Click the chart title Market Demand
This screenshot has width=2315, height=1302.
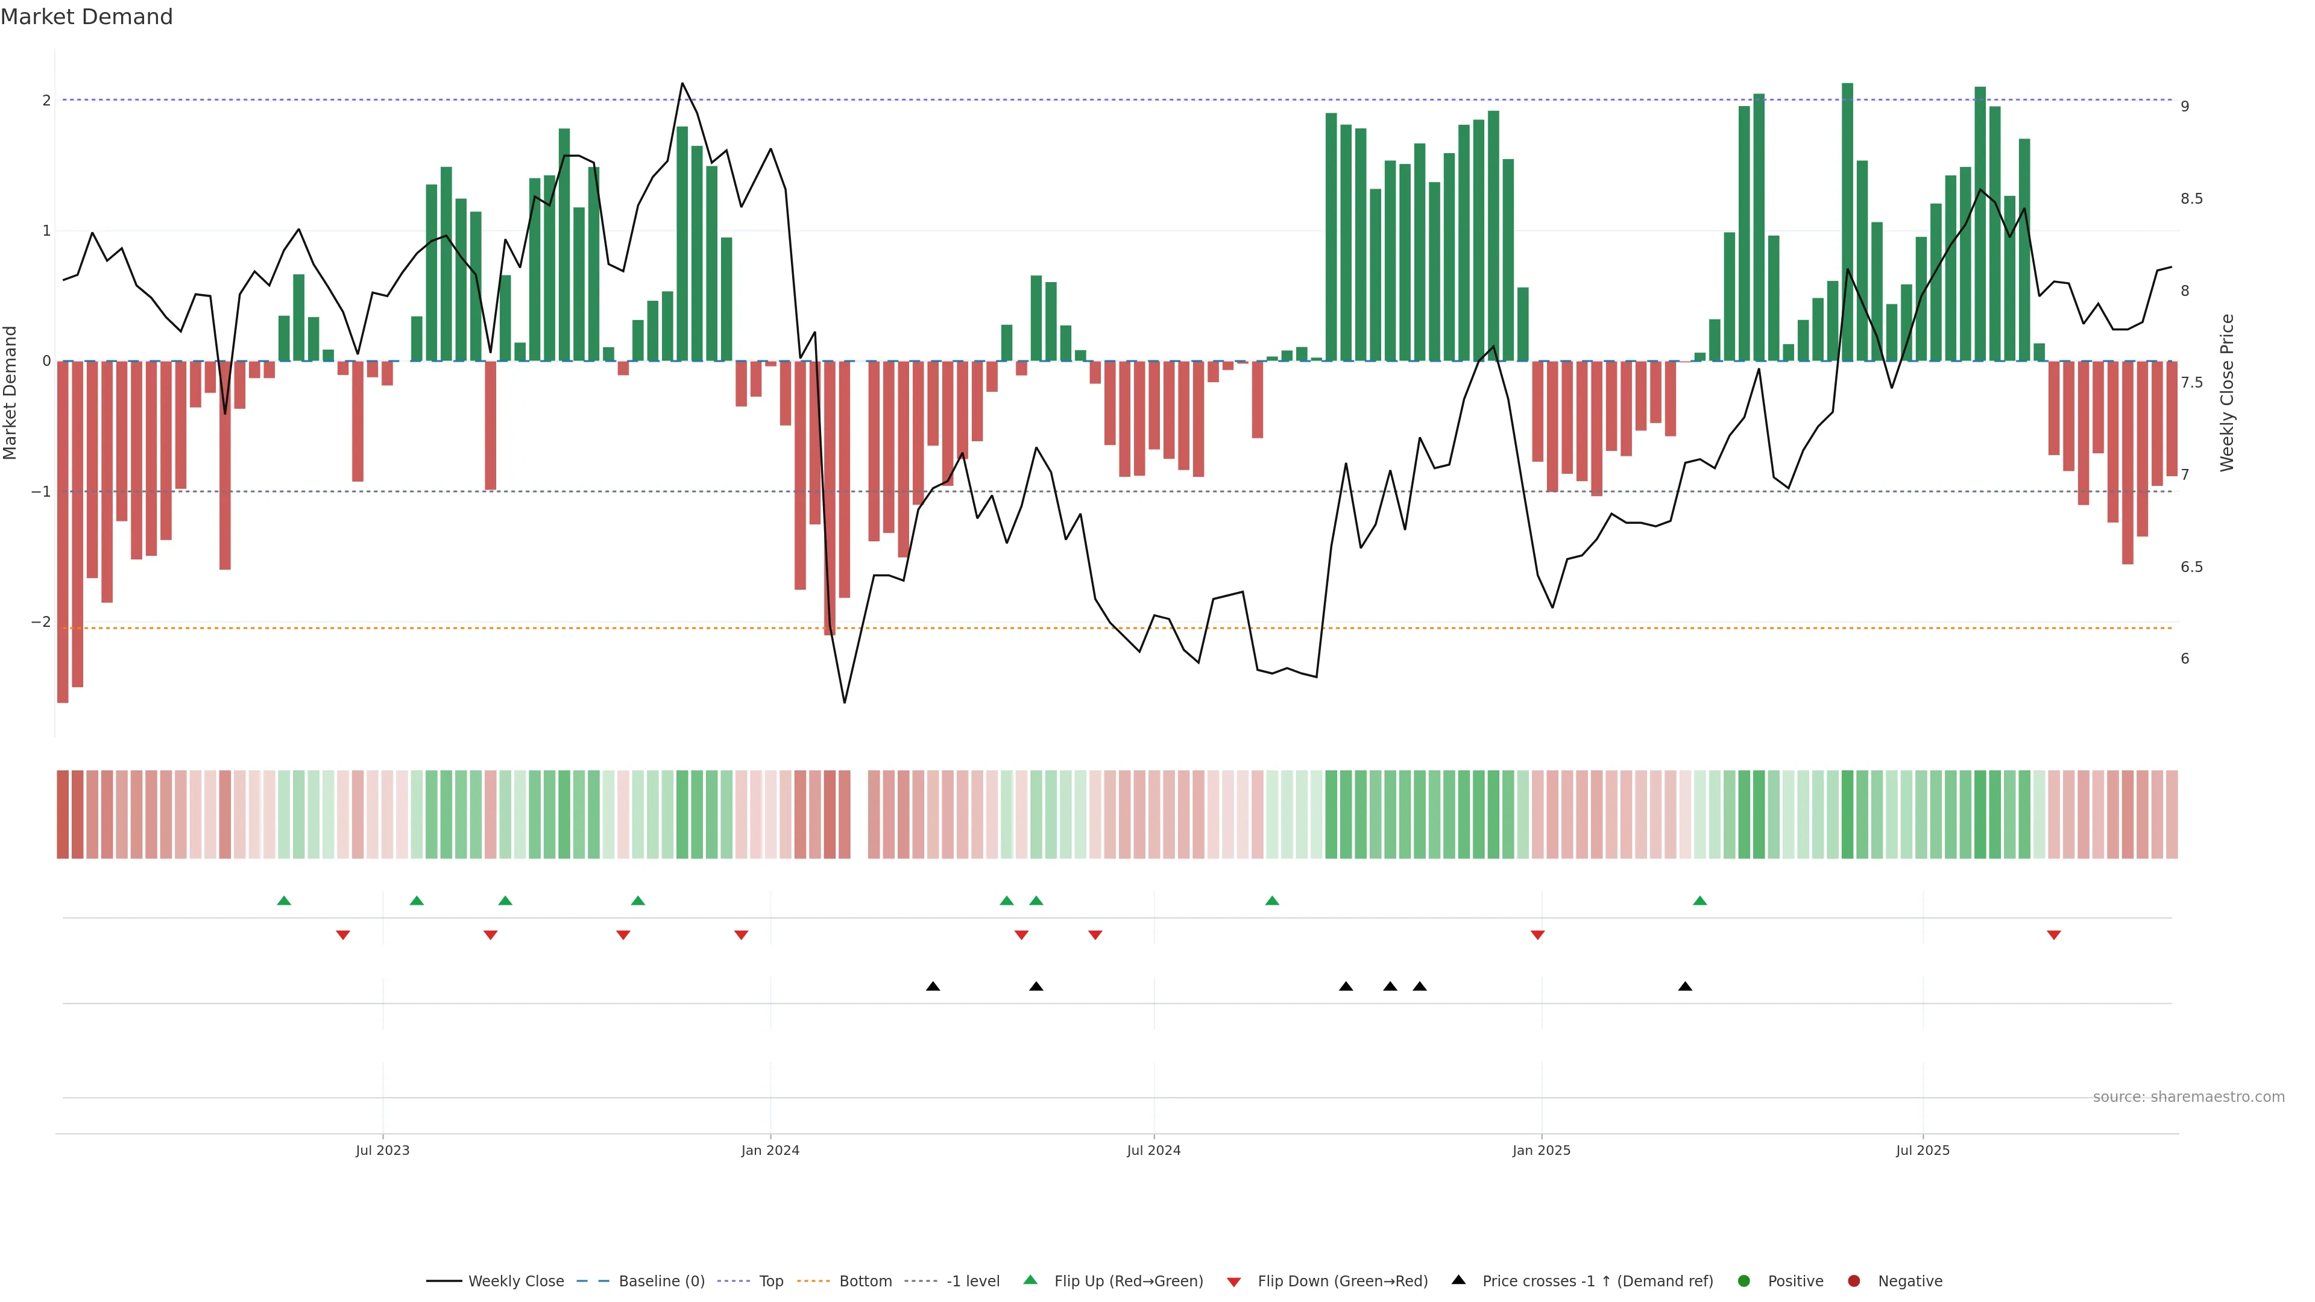[86, 17]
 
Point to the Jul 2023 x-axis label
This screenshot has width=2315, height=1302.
[382, 1150]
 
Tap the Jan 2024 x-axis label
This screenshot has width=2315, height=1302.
[770, 1150]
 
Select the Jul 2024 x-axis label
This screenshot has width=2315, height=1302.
[1154, 1150]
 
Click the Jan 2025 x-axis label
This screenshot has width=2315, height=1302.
[1542, 1150]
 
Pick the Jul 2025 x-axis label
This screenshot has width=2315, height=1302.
[1923, 1150]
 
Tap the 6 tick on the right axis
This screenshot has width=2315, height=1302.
[2185, 659]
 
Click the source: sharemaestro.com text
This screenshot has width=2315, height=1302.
[2188, 1097]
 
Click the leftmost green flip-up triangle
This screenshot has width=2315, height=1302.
[284, 901]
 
